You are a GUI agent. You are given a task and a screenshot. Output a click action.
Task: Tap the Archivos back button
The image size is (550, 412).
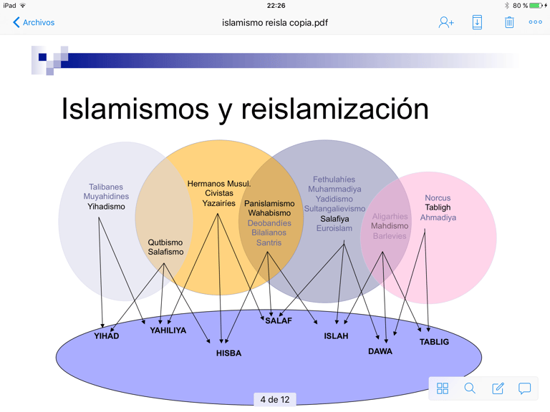tap(34, 23)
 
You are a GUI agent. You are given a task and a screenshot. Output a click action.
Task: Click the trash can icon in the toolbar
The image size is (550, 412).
tap(509, 23)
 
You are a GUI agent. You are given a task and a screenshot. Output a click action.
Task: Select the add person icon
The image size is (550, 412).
tap(446, 23)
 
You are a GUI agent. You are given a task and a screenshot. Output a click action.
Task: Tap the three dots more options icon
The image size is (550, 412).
tap(535, 23)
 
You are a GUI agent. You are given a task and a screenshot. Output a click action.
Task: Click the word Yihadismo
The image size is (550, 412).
tap(106, 207)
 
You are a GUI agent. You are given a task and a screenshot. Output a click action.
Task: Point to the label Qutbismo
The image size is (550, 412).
tap(165, 242)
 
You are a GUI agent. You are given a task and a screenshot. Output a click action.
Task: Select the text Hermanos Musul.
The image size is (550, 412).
tap(218, 184)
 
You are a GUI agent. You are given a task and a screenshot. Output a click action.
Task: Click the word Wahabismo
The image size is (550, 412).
tap(269, 213)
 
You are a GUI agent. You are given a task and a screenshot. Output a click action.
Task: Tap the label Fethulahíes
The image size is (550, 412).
tap(334, 180)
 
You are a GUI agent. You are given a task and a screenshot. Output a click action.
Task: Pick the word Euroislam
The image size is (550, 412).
tap(334, 229)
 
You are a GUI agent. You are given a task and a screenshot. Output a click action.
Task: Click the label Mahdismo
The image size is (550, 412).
tap(390, 226)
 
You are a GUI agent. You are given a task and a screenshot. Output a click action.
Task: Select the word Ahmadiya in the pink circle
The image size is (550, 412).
tap(438, 217)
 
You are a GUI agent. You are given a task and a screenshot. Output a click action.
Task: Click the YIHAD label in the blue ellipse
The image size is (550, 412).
tap(107, 336)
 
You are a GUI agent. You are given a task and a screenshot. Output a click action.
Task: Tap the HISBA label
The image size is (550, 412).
tap(229, 353)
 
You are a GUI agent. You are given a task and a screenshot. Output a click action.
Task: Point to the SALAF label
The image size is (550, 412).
tap(279, 321)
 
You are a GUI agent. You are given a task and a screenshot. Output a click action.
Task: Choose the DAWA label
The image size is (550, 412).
tap(380, 352)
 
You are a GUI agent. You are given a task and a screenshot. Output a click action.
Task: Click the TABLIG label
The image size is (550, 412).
tap(434, 342)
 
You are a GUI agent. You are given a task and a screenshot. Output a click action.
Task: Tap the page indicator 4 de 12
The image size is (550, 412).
tap(275, 400)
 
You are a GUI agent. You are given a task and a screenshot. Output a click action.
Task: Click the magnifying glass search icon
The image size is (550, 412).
tap(470, 388)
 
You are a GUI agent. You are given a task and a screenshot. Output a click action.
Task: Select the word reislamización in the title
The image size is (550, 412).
tap(334, 109)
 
